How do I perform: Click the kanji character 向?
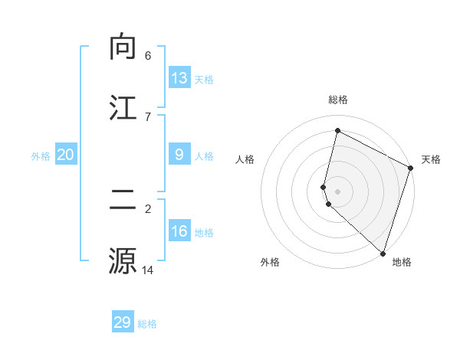(x=123, y=47)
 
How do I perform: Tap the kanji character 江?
(x=123, y=108)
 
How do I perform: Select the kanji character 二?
(x=123, y=201)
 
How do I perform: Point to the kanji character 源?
(x=123, y=260)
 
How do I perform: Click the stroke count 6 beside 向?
(x=148, y=56)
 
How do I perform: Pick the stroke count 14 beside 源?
(x=148, y=270)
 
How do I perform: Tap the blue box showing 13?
(x=179, y=77)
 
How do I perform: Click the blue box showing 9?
(x=179, y=154)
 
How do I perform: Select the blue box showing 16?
(x=179, y=231)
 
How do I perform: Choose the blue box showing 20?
(x=66, y=155)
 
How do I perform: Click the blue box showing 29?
(x=123, y=322)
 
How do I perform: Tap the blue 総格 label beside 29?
(x=147, y=324)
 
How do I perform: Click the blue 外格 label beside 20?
(x=41, y=156)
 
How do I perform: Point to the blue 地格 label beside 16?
(x=204, y=233)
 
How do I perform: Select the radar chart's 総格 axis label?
(x=338, y=100)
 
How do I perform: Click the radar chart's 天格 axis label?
(x=431, y=159)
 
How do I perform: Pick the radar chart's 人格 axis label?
(x=245, y=159)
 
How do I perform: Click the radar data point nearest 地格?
(x=382, y=252)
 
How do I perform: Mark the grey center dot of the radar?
(x=338, y=191)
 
